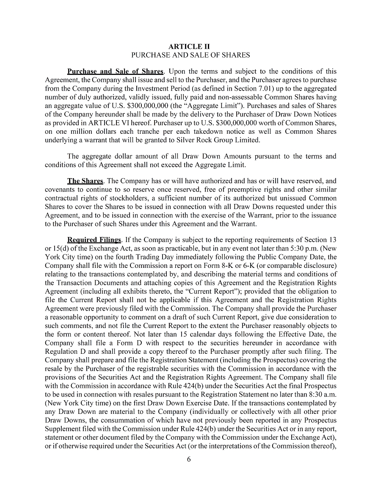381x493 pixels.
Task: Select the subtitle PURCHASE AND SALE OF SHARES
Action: [x=190, y=55]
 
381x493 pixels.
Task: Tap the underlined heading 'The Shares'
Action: [x=85, y=181]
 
